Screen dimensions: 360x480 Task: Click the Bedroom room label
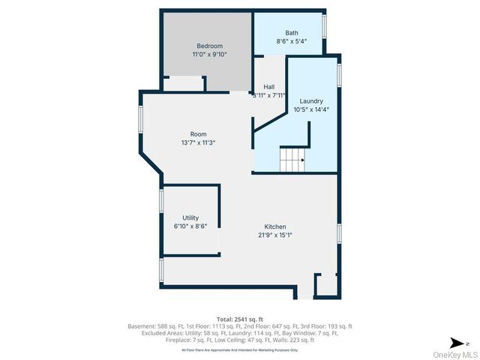[x=210, y=46]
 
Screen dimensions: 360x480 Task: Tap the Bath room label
[x=292, y=33]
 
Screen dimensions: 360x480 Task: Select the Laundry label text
[x=311, y=100]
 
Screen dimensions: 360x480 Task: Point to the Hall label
[x=268, y=86]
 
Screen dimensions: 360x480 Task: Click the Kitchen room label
[x=274, y=226]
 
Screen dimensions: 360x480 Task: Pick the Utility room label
[x=190, y=217]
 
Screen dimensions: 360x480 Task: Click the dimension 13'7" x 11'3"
[x=198, y=142]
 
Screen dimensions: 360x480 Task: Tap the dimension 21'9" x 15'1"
[x=274, y=235]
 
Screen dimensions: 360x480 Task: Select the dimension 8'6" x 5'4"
[x=292, y=41]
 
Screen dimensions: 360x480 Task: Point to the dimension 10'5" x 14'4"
[x=311, y=109]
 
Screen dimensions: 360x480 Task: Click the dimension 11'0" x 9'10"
[x=210, y=54]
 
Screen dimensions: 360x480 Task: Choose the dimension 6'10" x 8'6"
[x=190, y=226]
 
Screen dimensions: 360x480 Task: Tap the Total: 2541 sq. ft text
[x=240, y=318]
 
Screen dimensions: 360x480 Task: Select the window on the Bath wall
[x=325, y=25]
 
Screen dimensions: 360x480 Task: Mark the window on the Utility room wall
[x=161, y=202]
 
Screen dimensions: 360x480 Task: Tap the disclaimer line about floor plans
[x=240, y=349]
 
